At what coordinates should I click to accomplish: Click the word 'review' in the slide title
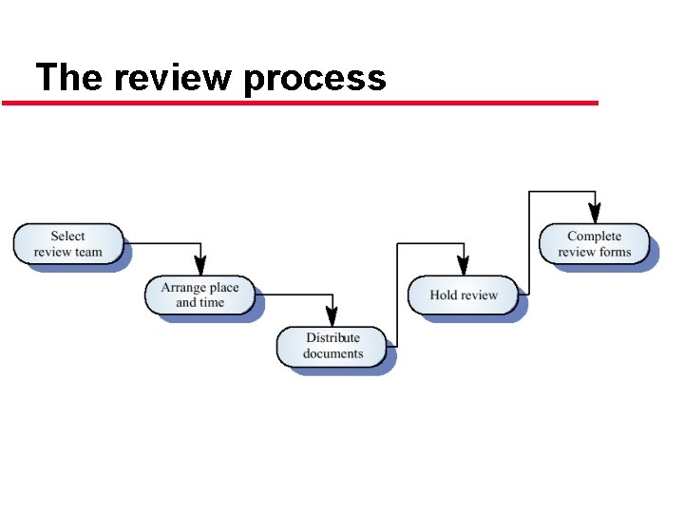coord(176,77)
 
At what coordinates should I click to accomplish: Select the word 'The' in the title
coord(67,77)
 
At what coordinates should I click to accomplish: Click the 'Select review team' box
coord(68,244)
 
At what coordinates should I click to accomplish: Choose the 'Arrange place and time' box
coord(199,295)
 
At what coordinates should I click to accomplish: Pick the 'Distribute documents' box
coord(332,346)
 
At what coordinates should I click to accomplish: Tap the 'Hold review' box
coord(464,295)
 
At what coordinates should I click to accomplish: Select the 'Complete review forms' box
coord(594,244)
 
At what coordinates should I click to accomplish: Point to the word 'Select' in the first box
coord(67,237)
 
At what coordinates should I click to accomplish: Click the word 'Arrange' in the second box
coord(180,288)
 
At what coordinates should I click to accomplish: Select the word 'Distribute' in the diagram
coord(332,338)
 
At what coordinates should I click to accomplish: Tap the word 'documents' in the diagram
coord(332,354)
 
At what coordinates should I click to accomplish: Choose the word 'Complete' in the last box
coord(594,237)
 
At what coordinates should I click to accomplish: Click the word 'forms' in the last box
coord(615,253)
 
